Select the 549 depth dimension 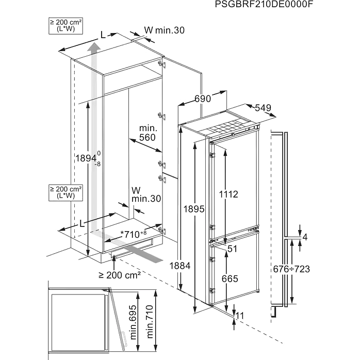tap(263, 108)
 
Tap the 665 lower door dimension tap(230, 279)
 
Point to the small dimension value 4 tap(305, 237)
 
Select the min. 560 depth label tap(147, 133)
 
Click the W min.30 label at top tap(163, 30)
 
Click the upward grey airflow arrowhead tap(93, 49)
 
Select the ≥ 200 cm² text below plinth tap(120, 275)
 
